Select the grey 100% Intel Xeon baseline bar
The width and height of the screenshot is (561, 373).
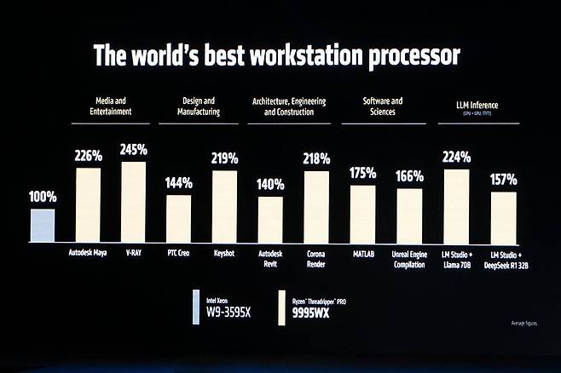tap(43, 226)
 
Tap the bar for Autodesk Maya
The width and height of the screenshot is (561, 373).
tap(88, 205)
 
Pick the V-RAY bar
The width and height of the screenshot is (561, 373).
tap(134, 202)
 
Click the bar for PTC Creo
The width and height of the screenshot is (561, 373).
tap(178, 219)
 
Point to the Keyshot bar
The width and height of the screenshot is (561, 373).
tap(224, 206)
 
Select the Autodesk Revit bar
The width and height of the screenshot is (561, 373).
tap(270, 220)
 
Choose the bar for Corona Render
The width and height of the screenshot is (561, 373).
tap(316, 207)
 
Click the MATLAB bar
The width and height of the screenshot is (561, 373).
tap(362, 214)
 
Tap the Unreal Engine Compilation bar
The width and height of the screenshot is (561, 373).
tap(409, 215)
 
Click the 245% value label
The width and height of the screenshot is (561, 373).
tap(134, 149)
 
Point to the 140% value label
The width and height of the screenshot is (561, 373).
tap(270, 183)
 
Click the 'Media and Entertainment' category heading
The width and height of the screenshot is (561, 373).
tap(114, 106)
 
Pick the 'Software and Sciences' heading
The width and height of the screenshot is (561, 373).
tap(383, 106)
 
